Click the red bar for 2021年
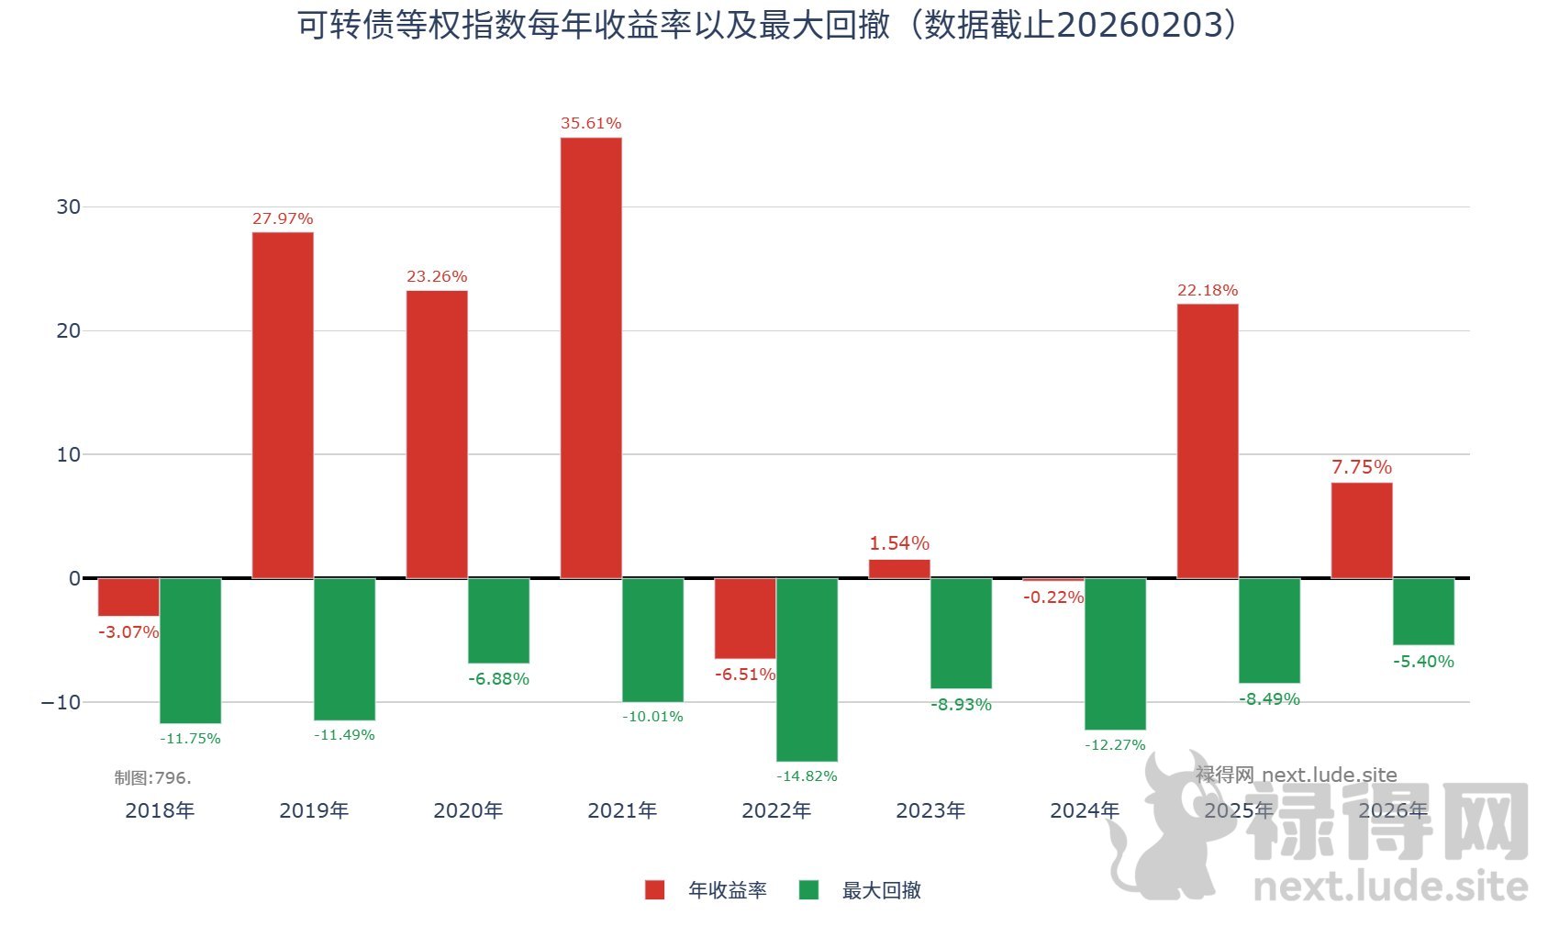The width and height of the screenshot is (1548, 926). [x=591, y=358]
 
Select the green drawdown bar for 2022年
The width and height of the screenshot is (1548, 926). [x=807, y=669]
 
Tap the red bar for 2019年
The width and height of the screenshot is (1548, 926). [x=283, y=405]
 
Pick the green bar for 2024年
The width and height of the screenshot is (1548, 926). [x=1115, y=653]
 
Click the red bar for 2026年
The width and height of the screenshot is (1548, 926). [x=1362, y=530]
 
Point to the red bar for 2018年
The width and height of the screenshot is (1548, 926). [x=128, y=597]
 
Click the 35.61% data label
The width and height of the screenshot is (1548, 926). [x=591, y=123]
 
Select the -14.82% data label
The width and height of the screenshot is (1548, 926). [x=807, y=776]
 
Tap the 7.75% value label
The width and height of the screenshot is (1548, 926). [x=1362, y=467]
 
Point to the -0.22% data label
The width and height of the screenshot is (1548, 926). [x=1053, y=597]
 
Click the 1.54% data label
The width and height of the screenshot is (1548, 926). [x=899, y=543]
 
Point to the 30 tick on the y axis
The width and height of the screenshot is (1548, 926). [x=69, y=206]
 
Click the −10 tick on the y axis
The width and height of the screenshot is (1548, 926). [x=61, y=702]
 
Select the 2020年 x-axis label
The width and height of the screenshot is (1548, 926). [x=468, y=810]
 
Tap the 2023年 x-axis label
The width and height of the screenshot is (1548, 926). [x=930, y=810]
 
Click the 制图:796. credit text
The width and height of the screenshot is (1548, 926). [x=152, y=778]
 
